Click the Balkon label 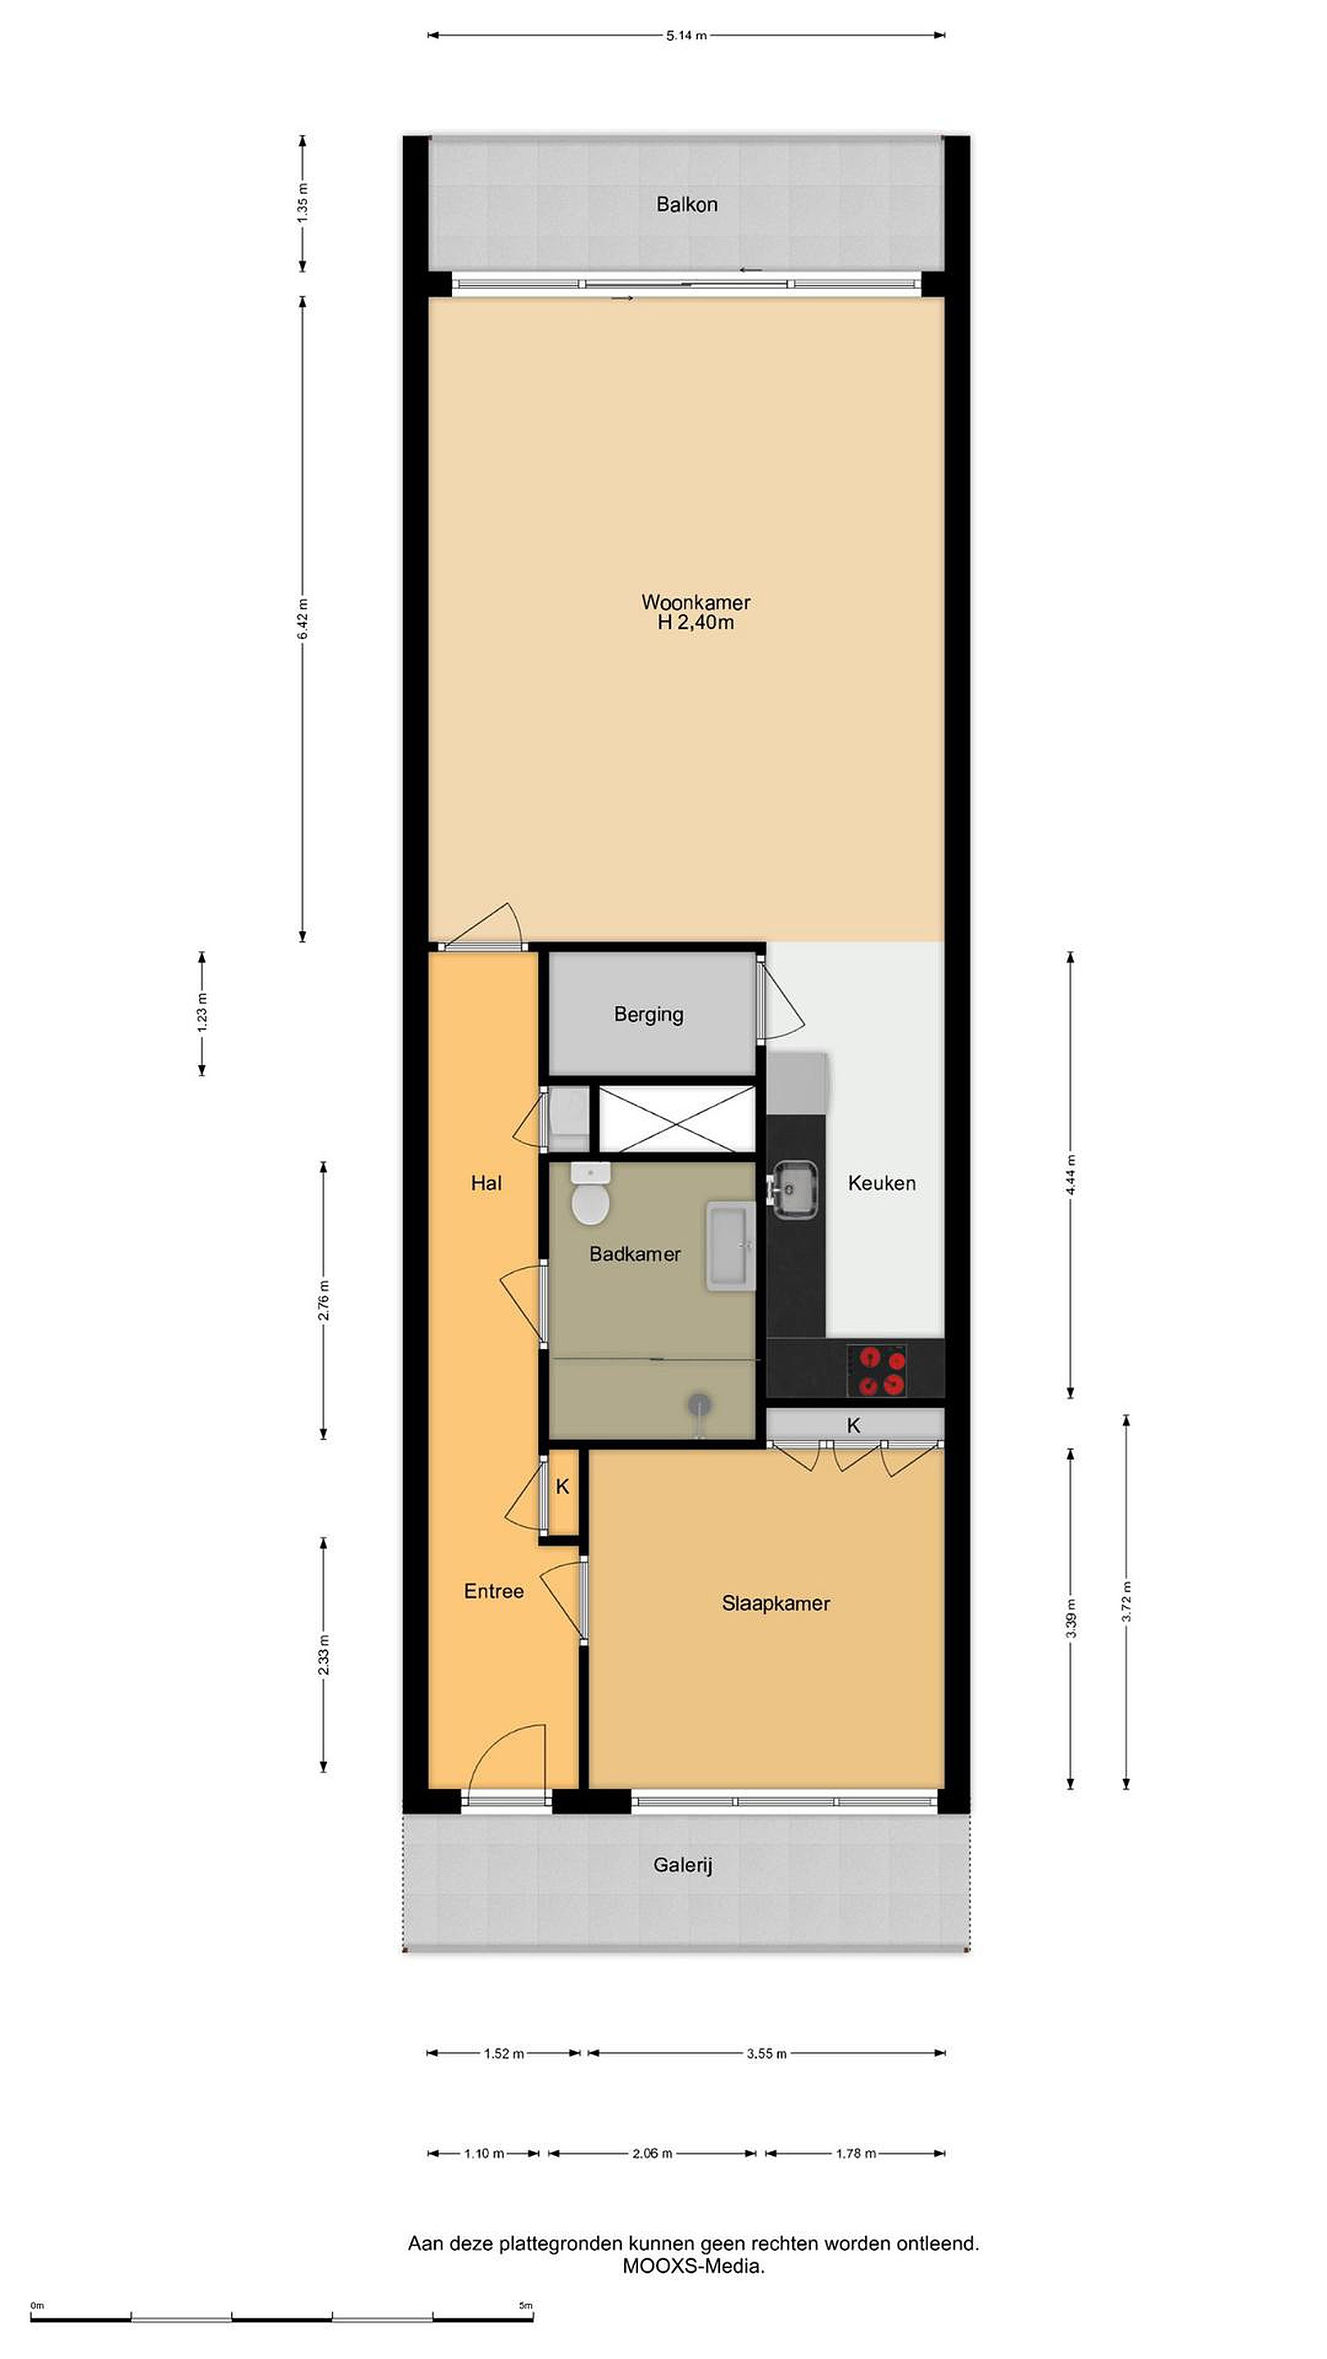(x=686, y=204)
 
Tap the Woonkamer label (x=695, y=603)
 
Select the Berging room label (x=649, y=1015)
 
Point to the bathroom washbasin (x=730, y=1247)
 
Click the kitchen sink (x=794, y=1189)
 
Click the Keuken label (x=881, y=1183)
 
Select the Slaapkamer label (x=776, y=1604)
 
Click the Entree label (x=494, y=1592)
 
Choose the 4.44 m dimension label (x=1071, y=1175)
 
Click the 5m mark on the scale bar (x=526, y=2306)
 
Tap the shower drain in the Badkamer (x=700, y=1402)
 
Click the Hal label (x=487, y=1183)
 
